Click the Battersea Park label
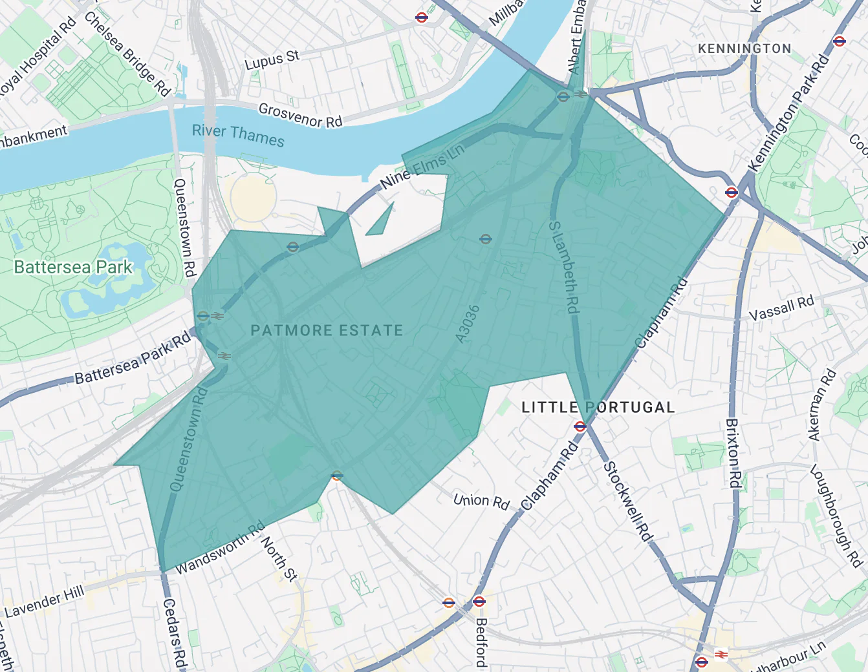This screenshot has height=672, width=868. coord(73,267)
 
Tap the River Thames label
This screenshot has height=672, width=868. coord(238,135)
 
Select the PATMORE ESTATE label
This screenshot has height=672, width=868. coord(327,330)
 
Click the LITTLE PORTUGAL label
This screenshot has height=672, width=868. coord(598,407)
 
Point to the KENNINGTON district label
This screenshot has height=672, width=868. coord(744,48)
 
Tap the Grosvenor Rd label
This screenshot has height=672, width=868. coord(300,115)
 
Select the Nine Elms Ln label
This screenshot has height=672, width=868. coord(422,166)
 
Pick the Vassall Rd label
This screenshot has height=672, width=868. coord(781,308)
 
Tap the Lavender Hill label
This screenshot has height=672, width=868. coord(45,602)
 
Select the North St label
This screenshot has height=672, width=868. coord(279,558)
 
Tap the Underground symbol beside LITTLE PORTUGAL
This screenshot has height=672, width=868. coord(580,426)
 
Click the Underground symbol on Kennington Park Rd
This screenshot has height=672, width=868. coord(732,192)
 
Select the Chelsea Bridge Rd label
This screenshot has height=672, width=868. coord(127,54)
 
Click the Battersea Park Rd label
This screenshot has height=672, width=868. coord(133,358)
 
